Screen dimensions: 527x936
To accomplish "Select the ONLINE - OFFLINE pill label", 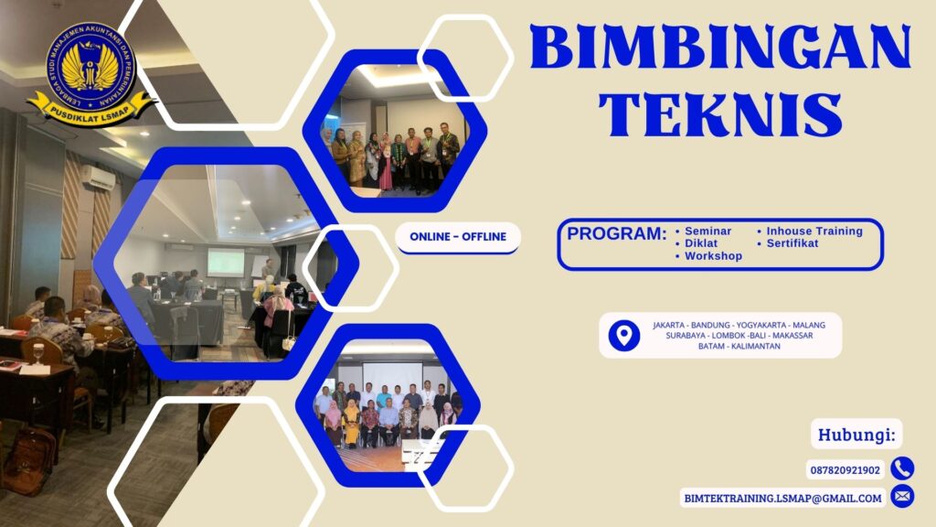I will (x=458, y=237).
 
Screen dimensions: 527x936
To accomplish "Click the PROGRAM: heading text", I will (x=616, y=233).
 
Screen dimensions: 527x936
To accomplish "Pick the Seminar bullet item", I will (x=707, y=231).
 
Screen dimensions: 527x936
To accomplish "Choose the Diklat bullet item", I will (x=702, y=243).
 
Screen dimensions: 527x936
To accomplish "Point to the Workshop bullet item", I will (x=713, y=256).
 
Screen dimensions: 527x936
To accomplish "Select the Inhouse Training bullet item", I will (x=814, y=231).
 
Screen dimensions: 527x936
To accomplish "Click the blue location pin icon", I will (x=624, y=336).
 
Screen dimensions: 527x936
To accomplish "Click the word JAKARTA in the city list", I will (x=672, y=325).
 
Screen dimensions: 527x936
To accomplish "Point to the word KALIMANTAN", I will (x=754, y=346).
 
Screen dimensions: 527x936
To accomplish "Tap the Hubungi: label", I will (x=856, y=434).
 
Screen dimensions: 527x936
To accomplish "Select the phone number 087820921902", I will (x=845, y=470).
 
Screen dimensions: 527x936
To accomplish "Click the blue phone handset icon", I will (x=902, y=468).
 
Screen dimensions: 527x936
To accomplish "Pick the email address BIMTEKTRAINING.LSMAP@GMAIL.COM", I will (x=782, y=498).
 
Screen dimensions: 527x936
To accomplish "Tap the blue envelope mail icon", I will (x=902, y=497).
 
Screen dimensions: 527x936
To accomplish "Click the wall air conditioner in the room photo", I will (x=97, y=177).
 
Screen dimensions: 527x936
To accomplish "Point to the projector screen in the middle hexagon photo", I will (x=225, y=262).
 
